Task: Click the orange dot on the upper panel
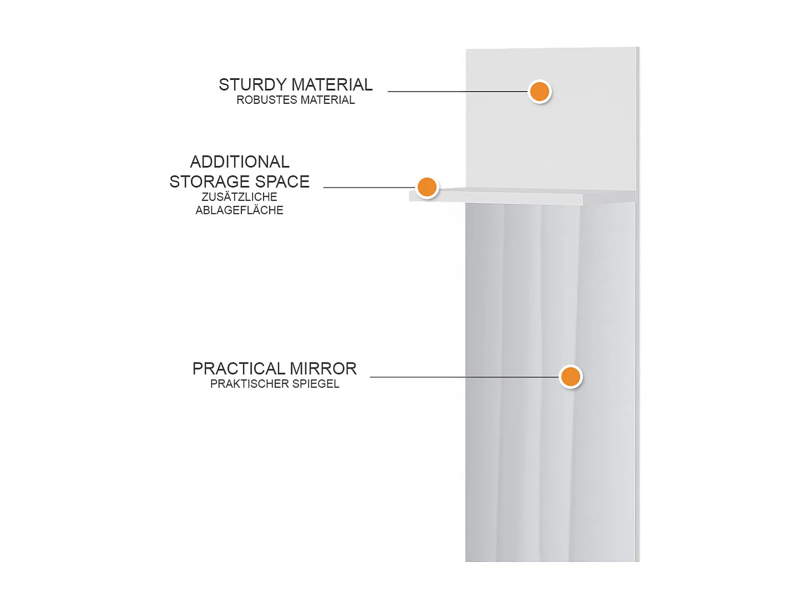tap(540, 92)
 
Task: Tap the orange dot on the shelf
tap(427, 187)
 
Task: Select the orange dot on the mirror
tap(571, 377)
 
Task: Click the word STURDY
tap(253, 84)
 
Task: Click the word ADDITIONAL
tap(240, 162)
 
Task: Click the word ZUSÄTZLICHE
tap(239, 197)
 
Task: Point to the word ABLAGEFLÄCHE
tap(239, 210)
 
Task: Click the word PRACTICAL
tap(239, 369)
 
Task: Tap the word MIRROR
tap(323, 369)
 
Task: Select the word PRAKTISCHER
tap(249, 384)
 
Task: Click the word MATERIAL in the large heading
tap(332, 84)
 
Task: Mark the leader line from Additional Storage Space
tap(370, 187)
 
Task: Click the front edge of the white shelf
tap(496, 199)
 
